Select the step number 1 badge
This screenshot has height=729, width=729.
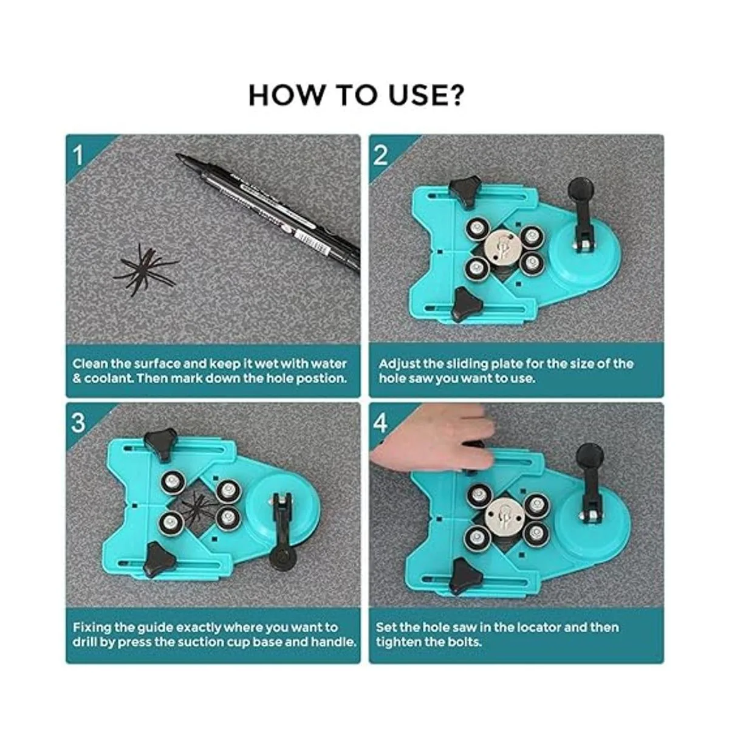[78, 156]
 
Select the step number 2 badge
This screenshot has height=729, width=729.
[380, 156]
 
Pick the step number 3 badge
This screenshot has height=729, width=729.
[78, 423]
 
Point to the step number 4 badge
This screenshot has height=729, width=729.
[380, 423]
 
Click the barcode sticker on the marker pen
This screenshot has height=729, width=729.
[311, 241]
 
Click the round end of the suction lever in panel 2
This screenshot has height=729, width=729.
[582, 188]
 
